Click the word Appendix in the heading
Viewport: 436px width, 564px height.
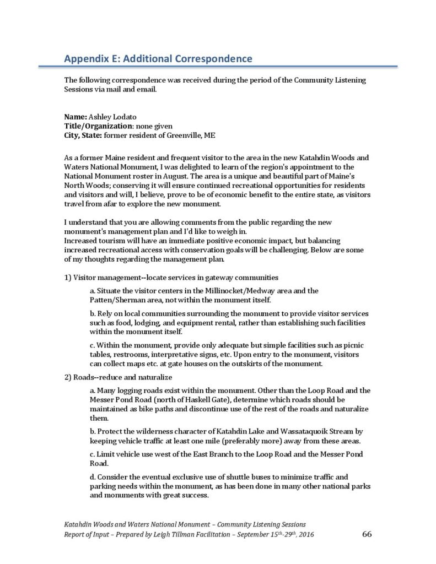(86, 58)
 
